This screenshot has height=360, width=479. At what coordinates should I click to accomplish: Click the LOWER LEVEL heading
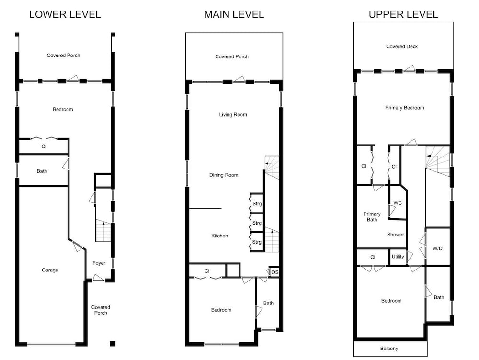point(65,14)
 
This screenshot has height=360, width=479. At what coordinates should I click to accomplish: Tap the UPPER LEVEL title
point(403,14)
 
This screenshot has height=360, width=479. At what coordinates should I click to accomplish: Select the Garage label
point(50,270)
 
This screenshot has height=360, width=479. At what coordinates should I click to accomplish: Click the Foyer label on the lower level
point(99,263)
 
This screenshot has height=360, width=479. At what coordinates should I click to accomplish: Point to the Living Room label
point(233,115)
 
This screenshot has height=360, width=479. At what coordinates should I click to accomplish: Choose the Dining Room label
point(224,175)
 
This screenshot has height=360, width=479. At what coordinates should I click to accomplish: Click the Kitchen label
point(220,236)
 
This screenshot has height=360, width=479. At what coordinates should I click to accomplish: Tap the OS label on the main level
point(274,272)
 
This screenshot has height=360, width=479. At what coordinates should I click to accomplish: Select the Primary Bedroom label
point(404,108)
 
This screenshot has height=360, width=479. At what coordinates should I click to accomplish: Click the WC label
point(398,203)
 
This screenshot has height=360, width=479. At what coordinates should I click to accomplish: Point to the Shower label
point(396,235)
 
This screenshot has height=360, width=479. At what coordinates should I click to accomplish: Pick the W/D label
point(437,248)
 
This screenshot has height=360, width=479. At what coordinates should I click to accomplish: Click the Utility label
point(398,257)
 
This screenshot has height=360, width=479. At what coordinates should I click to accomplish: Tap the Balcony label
point(389,349)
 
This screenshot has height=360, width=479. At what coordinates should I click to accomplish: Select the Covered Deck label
point(402,47)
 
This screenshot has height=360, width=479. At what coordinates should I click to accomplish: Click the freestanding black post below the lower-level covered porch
point(113,344)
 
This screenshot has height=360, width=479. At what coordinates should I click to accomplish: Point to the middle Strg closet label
point(257,223)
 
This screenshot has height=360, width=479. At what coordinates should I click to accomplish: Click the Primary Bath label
point(372,217)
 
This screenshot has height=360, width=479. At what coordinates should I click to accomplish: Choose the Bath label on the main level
point(269,303)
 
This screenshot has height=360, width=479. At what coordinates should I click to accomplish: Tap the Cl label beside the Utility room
point(373,257)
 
